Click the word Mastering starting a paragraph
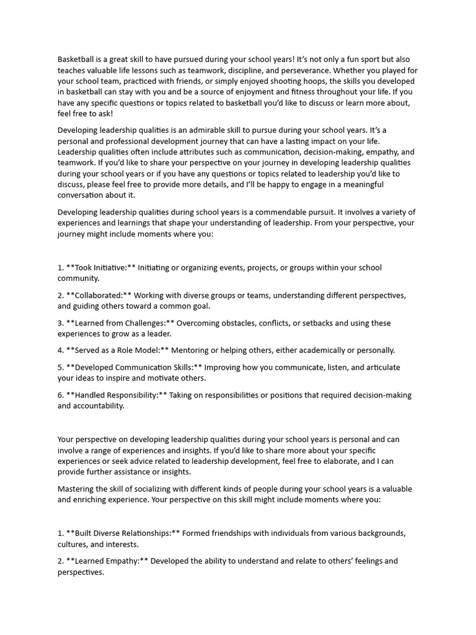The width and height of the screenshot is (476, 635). tap(77, 489)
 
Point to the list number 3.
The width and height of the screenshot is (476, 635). tap(60, 323)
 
